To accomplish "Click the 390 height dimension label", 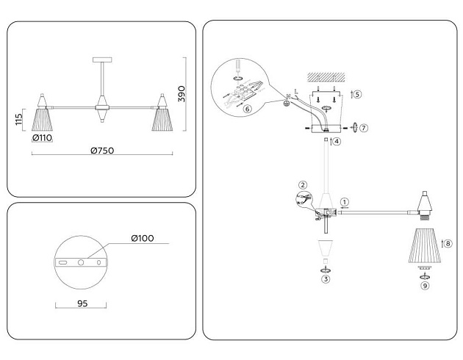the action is click(x=182, y=94).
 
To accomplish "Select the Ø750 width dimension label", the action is click(x=102, y=151).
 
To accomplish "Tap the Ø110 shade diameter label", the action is click(x=42, y=138).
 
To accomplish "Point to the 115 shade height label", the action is click(x=18, y=119).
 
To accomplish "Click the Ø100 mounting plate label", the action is click(x=143, y=238).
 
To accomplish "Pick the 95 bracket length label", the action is click(x=82, y=303).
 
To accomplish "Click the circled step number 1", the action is click(x=344, y=202).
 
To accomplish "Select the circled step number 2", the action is click(x=303, y=185).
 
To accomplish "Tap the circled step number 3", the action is click(x=326, y=279).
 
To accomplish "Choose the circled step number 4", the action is click(x=337, y=141).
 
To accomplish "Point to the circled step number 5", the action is click(x=358, y=95).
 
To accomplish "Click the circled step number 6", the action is click(x=248, y=109).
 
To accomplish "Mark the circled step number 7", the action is click(x=364, y=128).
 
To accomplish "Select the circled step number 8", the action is click(x=448, y=243).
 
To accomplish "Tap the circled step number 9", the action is click(x=425, y=286).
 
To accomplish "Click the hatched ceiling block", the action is click(x=326, y=77).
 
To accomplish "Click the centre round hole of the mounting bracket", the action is click(x=81, y=262).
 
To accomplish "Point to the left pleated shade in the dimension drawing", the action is click(x=42, y=120).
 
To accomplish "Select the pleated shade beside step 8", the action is click(x=426, y=245).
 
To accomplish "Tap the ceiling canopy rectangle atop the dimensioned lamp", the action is click(x=102, y=60).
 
